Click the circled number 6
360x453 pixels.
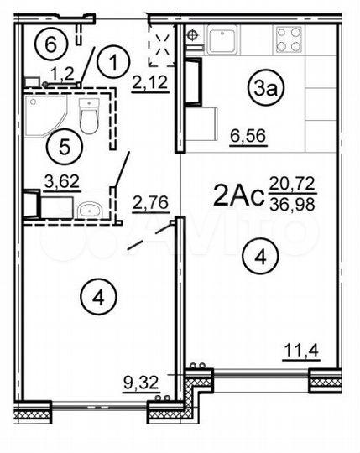[x=52, y=42]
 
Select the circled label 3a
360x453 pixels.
[x=263, y=86]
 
